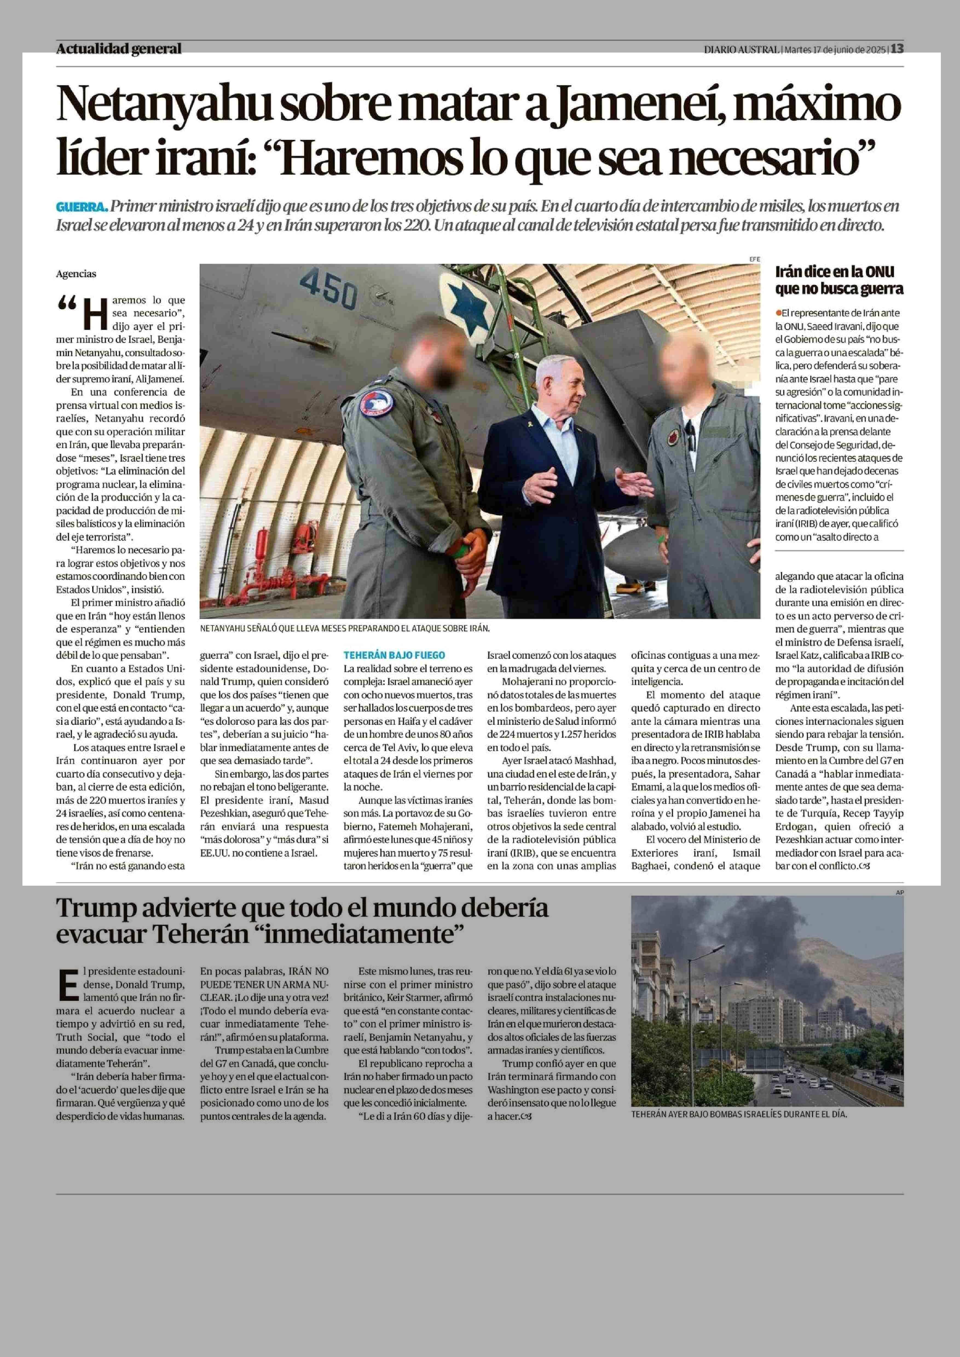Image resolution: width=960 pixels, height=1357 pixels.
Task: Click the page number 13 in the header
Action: (x=897, y=49)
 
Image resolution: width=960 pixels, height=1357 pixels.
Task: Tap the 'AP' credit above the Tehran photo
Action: (x=900, y=892)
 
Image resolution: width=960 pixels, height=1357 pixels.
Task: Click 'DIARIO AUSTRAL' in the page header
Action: (x=741, y=50)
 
